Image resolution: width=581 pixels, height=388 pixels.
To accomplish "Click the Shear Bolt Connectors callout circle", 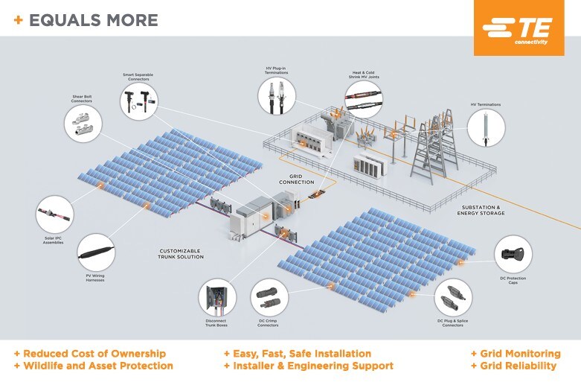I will click(x=83, y=123).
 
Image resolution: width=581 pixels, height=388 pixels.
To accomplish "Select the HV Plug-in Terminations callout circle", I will click(x=276, y=96).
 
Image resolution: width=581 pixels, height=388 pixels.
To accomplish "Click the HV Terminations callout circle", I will click(x=487, y=127).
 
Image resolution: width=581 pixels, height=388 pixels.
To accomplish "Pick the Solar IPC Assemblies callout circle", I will click(x=56, y=214).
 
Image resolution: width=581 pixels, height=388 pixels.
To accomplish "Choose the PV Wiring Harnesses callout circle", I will click(x=95, y=252).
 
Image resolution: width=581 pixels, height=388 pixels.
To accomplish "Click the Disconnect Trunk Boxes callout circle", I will click(x=216, y=297).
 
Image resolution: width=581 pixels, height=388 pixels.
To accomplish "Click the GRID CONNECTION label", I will click(x=296, y=180).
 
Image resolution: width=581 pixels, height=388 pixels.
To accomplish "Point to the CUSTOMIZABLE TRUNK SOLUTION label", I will click(x=182, y=254).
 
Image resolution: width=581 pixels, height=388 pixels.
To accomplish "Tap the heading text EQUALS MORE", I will click(x=93, y=20).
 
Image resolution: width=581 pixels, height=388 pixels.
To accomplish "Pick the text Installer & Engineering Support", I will click(x=313, y=366).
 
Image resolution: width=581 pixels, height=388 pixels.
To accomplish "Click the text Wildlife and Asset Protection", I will click(x=97, y=366).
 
